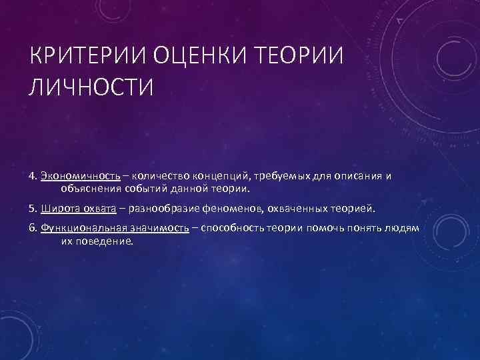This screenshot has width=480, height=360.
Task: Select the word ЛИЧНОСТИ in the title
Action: (x=91, y=87)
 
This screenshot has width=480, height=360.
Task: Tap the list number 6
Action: (x=32, y=228)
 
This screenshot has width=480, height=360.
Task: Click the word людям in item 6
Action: (x=403, y=228)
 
